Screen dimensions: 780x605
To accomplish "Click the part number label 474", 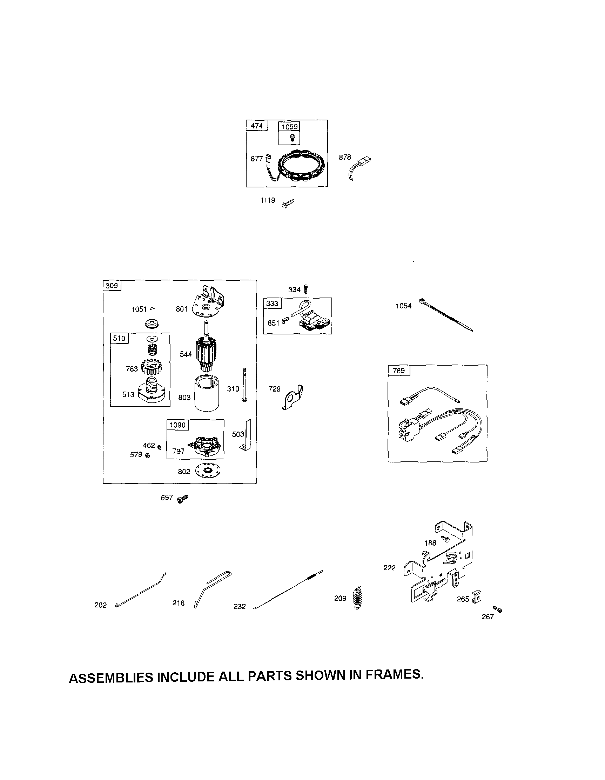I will point(257,126).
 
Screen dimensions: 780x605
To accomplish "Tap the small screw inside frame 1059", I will point(293,136).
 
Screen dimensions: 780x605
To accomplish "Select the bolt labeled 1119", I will point(288,204).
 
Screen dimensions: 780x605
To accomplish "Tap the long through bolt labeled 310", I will point(244,385).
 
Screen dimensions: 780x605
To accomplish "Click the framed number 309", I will point(112,286).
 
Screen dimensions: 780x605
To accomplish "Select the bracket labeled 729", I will point(292,398).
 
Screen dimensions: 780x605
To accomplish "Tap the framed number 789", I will point(398,371).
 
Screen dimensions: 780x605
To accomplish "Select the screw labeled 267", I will point(497,609).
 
